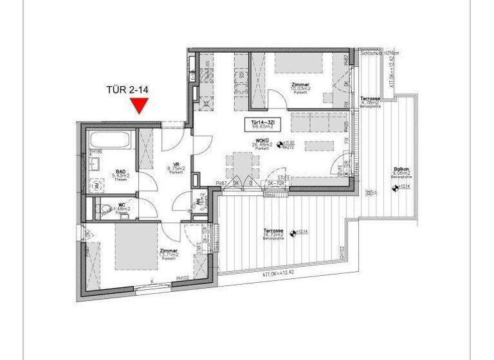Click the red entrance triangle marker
140,105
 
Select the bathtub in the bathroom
111,140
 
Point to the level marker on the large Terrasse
293,232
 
